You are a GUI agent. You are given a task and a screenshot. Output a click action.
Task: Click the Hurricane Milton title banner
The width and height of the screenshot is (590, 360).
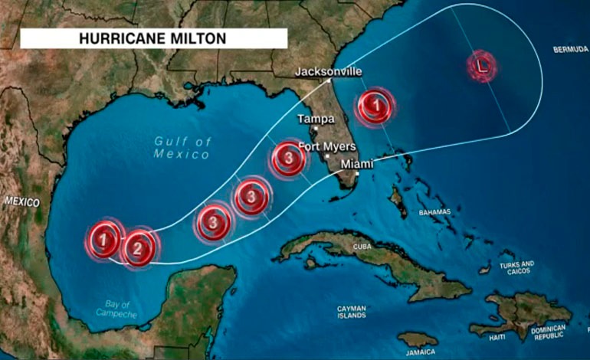(153, 38)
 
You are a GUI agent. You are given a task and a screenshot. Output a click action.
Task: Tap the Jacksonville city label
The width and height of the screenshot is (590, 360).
(328, 72)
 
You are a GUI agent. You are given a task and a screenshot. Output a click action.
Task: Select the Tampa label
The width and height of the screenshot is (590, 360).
(315, 119)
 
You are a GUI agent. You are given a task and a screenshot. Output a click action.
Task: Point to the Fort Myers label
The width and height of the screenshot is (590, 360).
(326, 146)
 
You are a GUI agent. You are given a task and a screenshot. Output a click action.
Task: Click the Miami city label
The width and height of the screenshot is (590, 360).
(356, 164)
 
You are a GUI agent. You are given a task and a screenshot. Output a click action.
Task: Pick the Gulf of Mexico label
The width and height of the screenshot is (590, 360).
(182, 148)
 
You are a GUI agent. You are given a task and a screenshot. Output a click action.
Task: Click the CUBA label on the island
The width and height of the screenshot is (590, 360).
(364, 247)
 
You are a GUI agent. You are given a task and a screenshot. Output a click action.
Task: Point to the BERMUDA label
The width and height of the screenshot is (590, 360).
(570, 49)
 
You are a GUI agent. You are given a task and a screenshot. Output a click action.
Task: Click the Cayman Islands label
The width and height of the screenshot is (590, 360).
(352, 312)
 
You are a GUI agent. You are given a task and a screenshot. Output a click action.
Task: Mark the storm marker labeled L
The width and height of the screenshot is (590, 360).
(481, 67)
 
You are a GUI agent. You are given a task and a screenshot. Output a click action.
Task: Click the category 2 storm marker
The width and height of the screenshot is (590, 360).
(138, 247)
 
